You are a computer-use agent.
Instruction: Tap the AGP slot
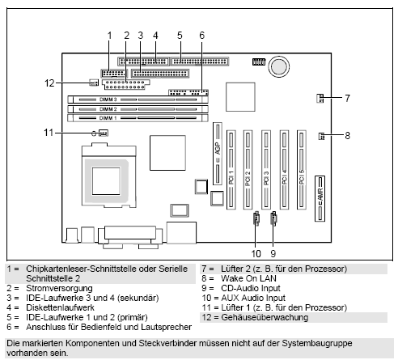[217, 154]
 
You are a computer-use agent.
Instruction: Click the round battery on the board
[279, 65]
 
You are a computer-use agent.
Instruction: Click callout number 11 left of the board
[49, 132]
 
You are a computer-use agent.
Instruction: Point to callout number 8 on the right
[347, 136]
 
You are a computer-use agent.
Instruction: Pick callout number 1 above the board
[108, 34]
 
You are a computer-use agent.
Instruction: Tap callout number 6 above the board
[201, 34]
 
